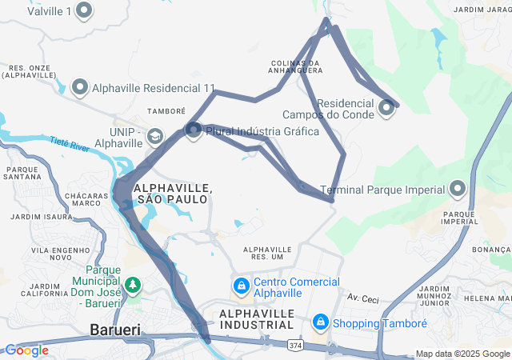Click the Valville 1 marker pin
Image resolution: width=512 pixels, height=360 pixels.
point(84,11)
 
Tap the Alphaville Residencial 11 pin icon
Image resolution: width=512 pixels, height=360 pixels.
point(80,87)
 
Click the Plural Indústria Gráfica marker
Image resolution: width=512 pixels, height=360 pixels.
point(194,130)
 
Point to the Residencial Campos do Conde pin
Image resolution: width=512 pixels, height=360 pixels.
point(387,106)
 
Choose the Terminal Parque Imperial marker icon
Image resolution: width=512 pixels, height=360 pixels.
point(458,190)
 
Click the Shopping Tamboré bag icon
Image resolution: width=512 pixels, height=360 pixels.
point(320,322)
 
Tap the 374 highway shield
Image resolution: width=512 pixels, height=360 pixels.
point(295,345)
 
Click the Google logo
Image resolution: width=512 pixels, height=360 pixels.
point(26,350)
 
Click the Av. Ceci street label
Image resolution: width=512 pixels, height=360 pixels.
point(362,298)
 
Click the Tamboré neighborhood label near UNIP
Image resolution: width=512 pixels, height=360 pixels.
point(166,110)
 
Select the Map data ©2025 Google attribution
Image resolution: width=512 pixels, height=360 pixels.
point(462,354)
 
